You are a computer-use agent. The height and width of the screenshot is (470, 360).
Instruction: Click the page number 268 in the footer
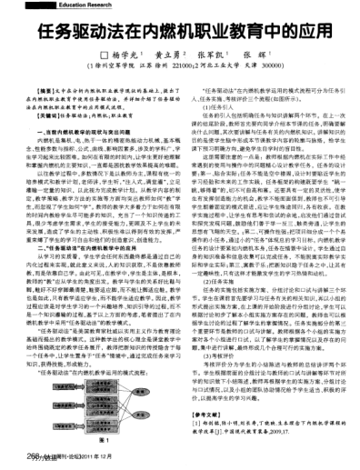[x=19, y=458]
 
